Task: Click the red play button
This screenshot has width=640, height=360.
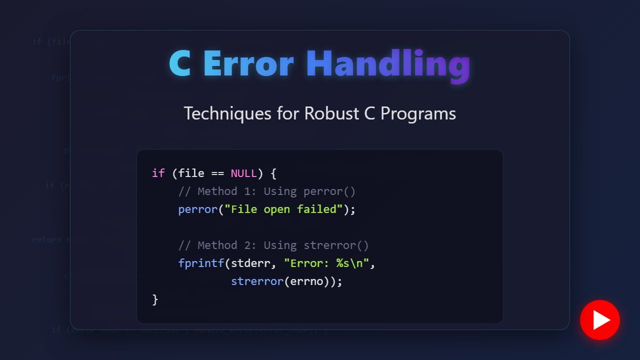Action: [x=599, y=320]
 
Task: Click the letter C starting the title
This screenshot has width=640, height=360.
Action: [x=180, y=64]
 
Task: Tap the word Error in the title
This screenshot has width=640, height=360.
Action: [x=248, y=64]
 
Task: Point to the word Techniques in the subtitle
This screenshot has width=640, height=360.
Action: [x=227, y=113]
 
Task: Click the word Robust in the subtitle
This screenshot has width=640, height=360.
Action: [x=331, y=113]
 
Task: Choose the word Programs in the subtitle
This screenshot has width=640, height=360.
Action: [x=418, y=113]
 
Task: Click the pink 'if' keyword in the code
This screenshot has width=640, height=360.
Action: [x=158, y=173]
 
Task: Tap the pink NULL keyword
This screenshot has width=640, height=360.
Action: [x=243, y=173]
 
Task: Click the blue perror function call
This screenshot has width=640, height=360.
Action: [x=198, y=209]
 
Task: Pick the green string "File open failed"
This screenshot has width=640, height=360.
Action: [x=283, y=209]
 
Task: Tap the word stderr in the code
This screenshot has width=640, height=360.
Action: [x=250, y=263]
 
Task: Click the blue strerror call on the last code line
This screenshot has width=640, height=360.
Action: [x=257, y=281]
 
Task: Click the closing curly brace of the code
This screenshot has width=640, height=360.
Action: [x=155, y=299]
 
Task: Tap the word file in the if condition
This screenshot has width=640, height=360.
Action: [x=191, y=173]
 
